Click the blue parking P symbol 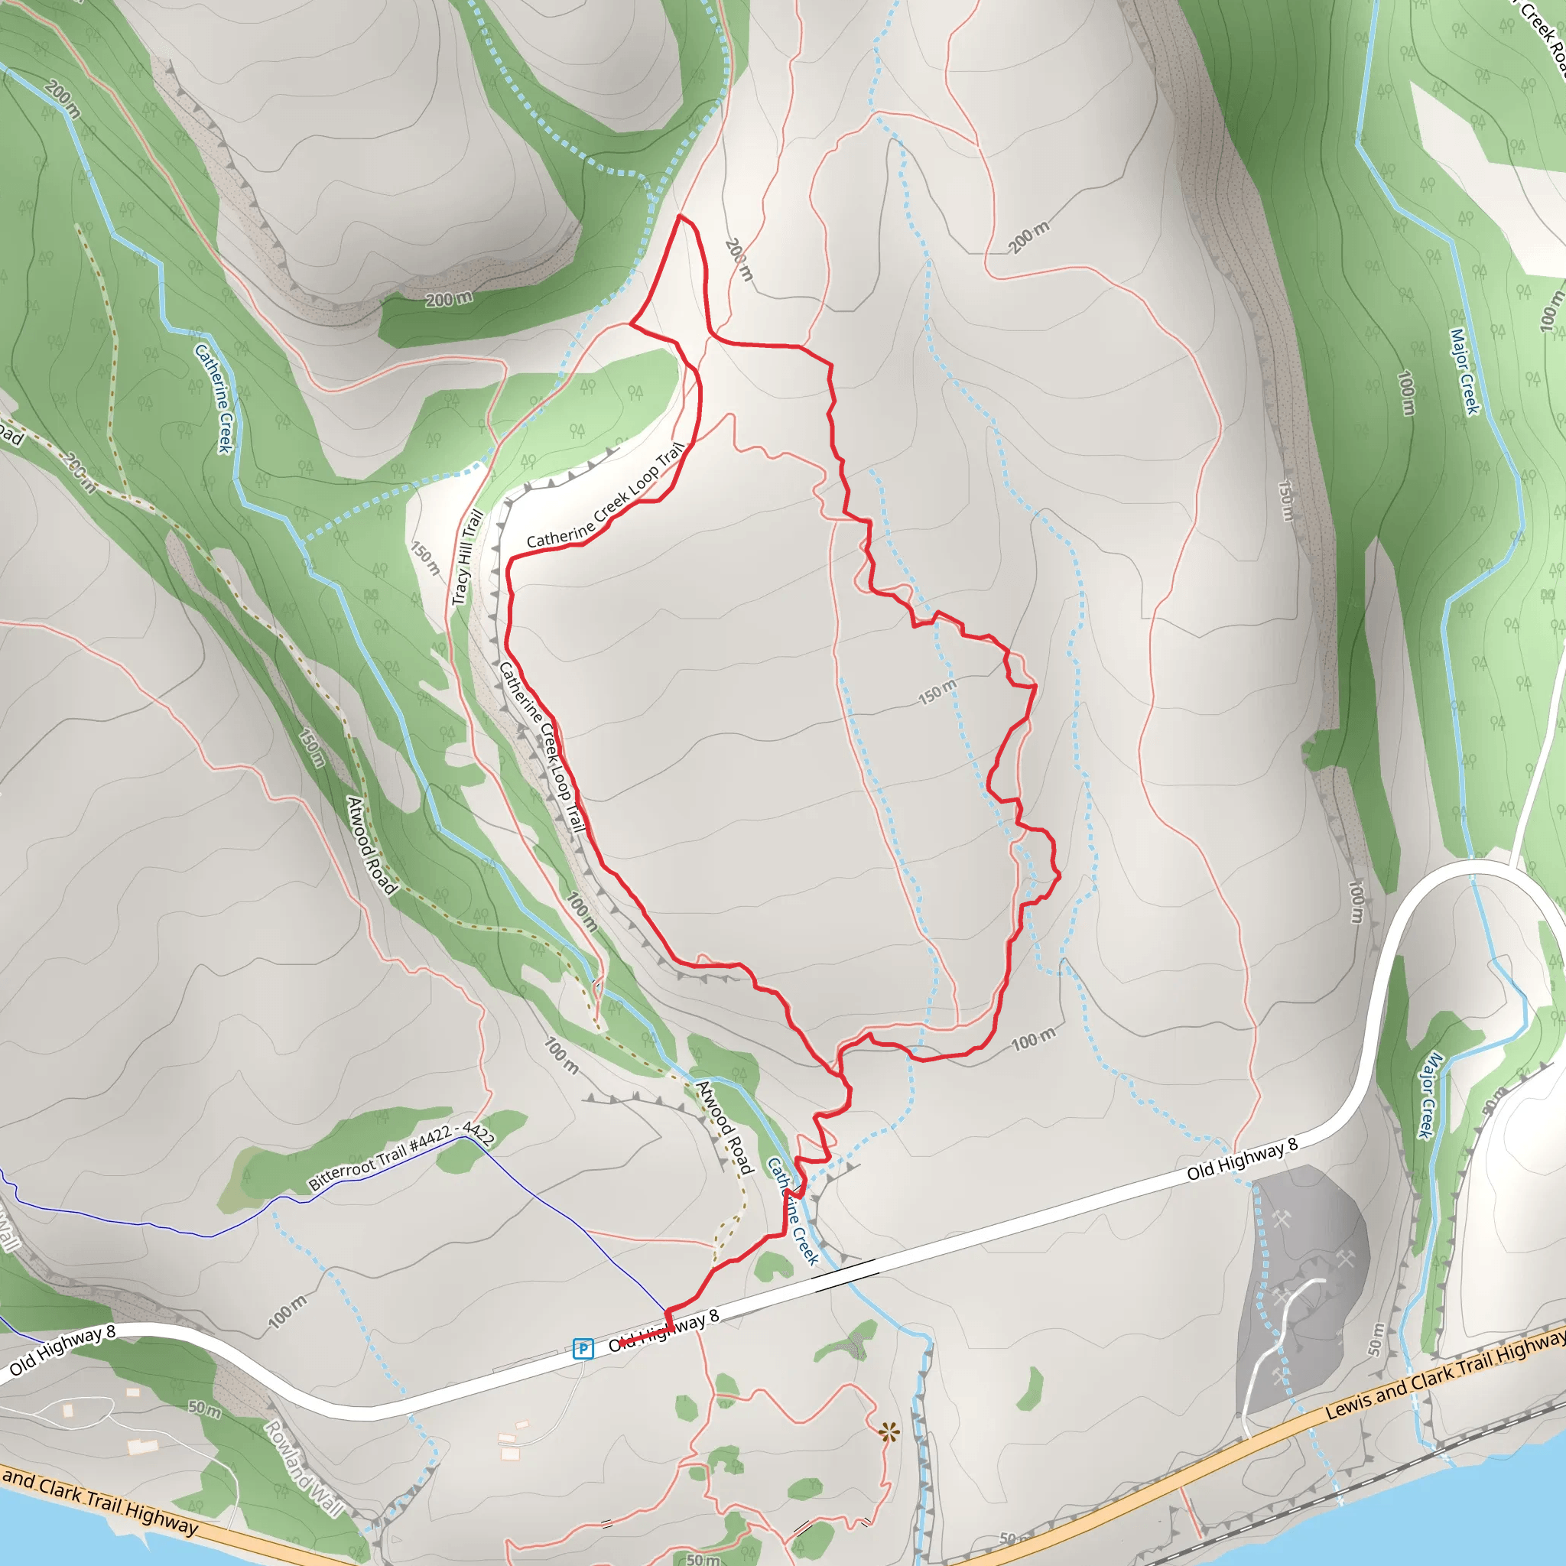tap(583, 1349)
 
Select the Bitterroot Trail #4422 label tap(401, 1157)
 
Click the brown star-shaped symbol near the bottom tap(889, 1433)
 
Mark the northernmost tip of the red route tap(680, 216)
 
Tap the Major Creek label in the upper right tap(1464, 371)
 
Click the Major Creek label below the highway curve tap(1431, 1095)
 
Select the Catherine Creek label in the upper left tap(214, 398)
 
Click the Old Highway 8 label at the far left tap(63, 1351)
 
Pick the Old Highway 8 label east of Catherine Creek tap(1243, 1160)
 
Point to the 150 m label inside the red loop tap(937, 691)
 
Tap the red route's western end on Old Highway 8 tap(621, 1343)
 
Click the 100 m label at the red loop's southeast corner tap(1034, 1040)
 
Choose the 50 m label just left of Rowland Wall tap(204, 1408)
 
